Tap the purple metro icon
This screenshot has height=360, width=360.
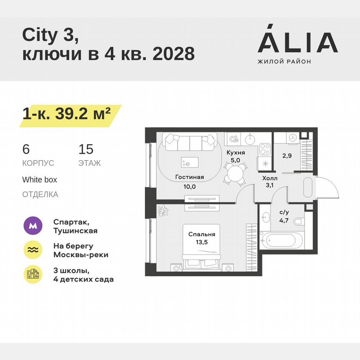(32, 226)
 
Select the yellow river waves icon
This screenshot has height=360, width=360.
(32, 250)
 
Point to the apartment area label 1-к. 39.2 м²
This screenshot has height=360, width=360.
(67, 113)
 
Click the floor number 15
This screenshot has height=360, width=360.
(86, 149)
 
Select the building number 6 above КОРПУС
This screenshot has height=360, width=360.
(26, 149)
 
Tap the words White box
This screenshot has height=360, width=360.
(40, 180)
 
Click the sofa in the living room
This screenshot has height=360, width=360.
(190, 142)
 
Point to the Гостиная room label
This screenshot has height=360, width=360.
(190, 177)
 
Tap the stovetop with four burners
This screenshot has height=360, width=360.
(265, 148)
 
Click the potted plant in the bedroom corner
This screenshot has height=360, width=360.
(163, 211)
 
